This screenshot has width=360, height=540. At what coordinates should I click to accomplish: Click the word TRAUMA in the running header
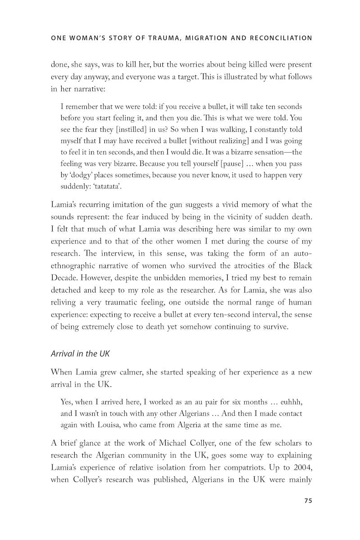(x=160, y=38)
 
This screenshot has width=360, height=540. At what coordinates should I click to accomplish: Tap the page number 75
(x=308, y=501)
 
